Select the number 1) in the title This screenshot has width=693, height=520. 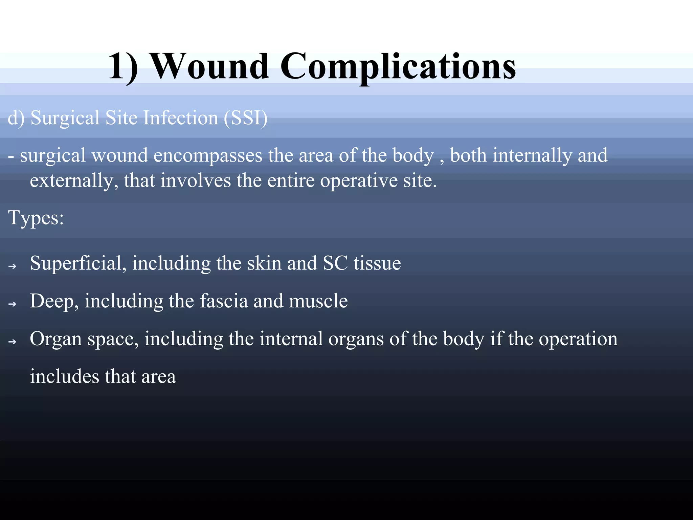pos(123,67)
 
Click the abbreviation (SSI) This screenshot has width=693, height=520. pos(245,118)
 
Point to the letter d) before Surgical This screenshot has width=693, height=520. pos(16,118)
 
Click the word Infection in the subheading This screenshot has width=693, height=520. pos(181,118)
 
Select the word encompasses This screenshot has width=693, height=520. pos(208,156)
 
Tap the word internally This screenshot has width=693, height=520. pos(532,155)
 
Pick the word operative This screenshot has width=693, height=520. pos(358,181)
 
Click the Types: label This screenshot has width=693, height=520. pos(36,218)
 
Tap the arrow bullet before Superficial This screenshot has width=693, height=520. pos(12,267)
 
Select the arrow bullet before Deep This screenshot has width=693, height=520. pos(12,304)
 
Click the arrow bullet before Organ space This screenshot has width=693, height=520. pos(12,342)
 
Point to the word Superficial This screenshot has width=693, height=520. pos(78,263)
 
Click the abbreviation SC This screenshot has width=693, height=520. pos(335,263)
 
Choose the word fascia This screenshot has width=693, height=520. pos(224,301)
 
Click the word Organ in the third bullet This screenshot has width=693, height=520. pos(56,339)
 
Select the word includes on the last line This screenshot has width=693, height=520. pos(64,376)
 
